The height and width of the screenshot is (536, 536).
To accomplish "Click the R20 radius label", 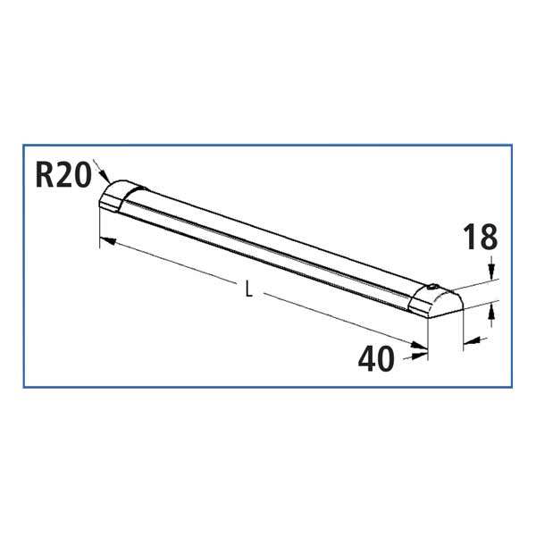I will point(63,173).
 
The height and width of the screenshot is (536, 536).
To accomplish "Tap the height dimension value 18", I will point(480,239).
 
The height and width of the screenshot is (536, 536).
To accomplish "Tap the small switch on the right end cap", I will point(433,288).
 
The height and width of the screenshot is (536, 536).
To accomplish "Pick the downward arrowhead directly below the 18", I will point(491,271).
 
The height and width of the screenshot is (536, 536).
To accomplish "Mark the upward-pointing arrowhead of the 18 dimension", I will point(491,310).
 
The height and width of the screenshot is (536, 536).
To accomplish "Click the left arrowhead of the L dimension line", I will point(104,239).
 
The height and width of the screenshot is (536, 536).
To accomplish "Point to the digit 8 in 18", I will point(488,239).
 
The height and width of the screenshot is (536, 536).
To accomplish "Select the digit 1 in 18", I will point(470,239).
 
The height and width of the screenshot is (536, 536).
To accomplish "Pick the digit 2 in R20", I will point(63,173).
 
